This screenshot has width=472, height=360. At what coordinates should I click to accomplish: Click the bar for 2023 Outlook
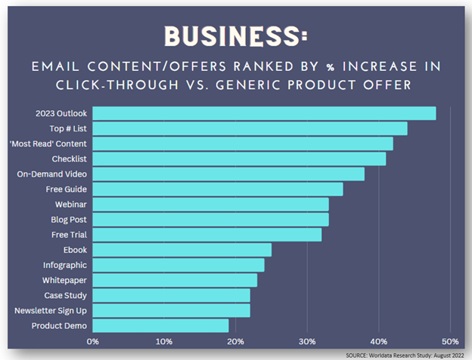(264, 113)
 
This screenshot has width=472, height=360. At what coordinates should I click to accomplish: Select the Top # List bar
(250, 128)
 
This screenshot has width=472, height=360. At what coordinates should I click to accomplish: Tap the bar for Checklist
(239, 158)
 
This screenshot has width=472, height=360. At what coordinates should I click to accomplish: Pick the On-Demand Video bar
(228, 174)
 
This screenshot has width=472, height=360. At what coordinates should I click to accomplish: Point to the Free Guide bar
(218, 189)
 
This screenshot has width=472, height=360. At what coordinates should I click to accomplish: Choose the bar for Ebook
(182, 250)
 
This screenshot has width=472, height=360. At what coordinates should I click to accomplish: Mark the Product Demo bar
(160, 325)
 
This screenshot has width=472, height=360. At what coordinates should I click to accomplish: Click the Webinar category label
(70, 205)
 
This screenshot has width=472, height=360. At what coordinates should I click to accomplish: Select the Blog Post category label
(68, 220)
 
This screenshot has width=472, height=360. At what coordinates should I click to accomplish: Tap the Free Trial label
(69, 235)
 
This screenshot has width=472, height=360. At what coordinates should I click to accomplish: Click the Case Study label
(65, 295)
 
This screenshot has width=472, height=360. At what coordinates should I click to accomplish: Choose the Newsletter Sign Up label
(51, 310)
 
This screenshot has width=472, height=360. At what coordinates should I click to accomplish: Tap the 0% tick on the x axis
(92, 341)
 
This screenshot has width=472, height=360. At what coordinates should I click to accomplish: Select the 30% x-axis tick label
(307, 341)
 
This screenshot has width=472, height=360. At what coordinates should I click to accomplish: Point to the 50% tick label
(450, 341)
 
